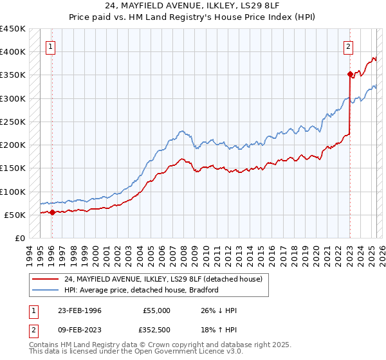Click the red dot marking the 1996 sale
tap(52, 212)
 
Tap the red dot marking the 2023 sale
tap(349, 74)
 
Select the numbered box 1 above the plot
tap(50, 46)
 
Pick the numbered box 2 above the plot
tap(347, 46)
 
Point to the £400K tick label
tap(13, 52)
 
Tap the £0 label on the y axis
tap(19, 239)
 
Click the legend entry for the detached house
tap(163, 280)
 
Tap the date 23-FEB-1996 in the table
tap(78, 310)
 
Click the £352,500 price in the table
tap(157, 330)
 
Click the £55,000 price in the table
tap(157, 310)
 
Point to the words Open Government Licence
tap(174, 352)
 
